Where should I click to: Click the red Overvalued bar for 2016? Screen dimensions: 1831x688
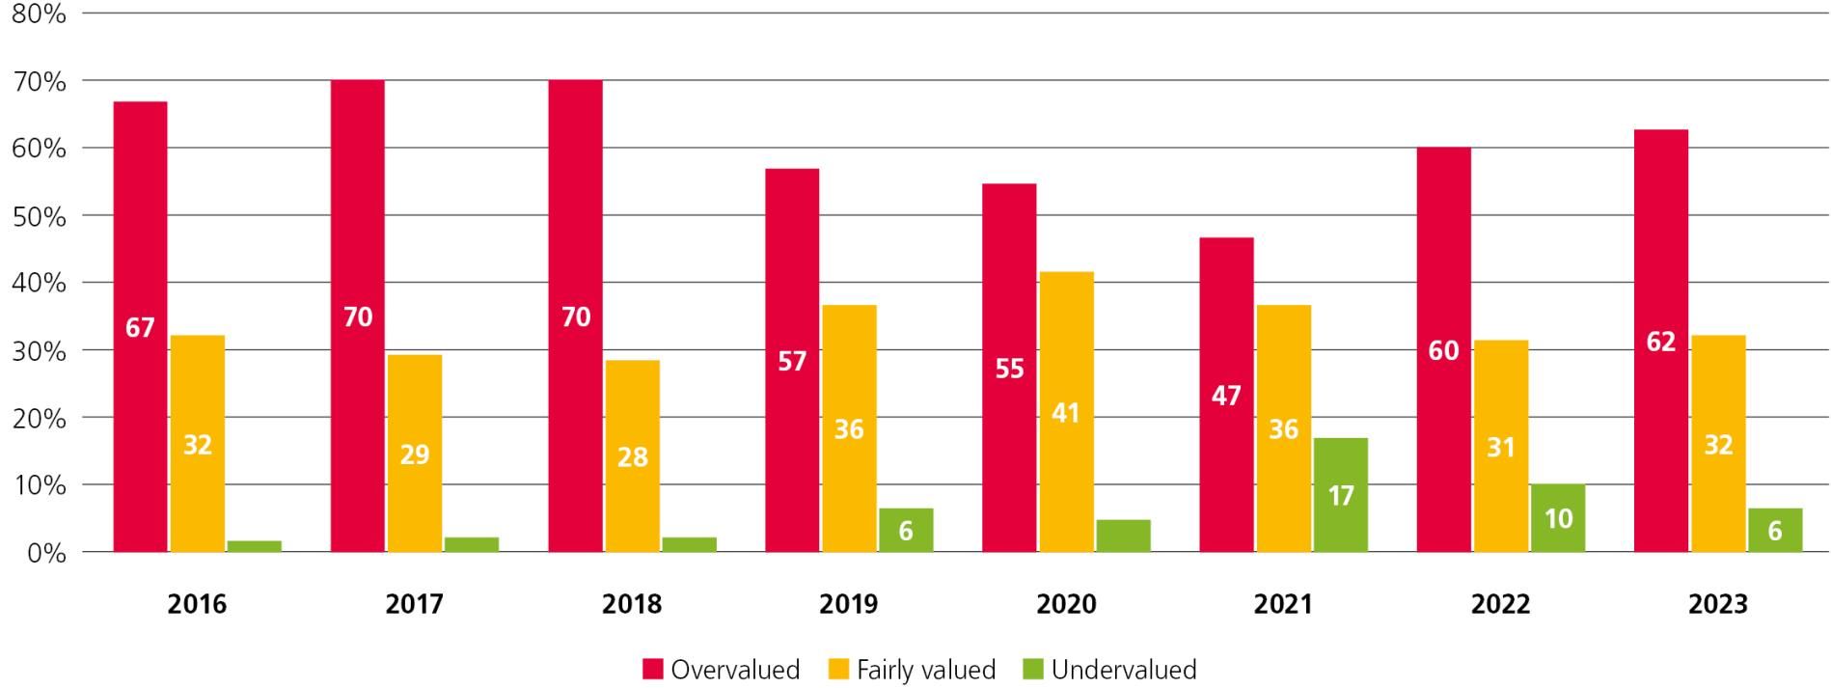click(x=140, y=326)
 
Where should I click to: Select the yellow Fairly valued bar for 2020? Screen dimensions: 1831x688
click(x=1066, y=412)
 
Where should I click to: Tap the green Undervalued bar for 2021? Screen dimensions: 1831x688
click(x=1340, y=495)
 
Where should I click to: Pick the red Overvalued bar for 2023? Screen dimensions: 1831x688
click(x=1660, y=341)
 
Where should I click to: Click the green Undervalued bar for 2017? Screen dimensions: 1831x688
click(x=472, y=544)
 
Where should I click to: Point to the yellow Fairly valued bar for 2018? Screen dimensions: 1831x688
click(x=633, y=455)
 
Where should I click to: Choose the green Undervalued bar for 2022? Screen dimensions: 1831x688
click(x=1557, y=518)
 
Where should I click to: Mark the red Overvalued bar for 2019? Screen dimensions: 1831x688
click(x=792, y=360)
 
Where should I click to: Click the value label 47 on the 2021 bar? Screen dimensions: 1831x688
click(x=1226, y=396)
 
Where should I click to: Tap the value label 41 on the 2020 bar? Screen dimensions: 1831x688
click(x=1066, y=413)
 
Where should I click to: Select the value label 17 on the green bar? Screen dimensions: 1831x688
click(x=1341, y=496)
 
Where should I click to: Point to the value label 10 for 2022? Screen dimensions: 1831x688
click(x=1558, y=519)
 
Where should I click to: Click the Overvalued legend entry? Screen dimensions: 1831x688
click(x=721, y=670)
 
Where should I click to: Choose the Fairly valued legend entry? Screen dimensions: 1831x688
click(x=912, y=670)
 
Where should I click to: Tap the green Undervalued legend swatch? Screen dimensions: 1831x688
click(x=1032, y=670)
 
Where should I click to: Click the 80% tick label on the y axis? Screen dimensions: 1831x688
click(x=38, y=14)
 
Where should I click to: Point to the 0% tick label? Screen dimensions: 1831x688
click(x=45, y=553)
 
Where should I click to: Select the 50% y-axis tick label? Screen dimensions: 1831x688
click(x=38, y=216)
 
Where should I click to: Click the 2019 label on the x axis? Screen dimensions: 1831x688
click(x=849, y=604)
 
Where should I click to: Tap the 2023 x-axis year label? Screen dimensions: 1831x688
click(x=1718, y=604)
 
